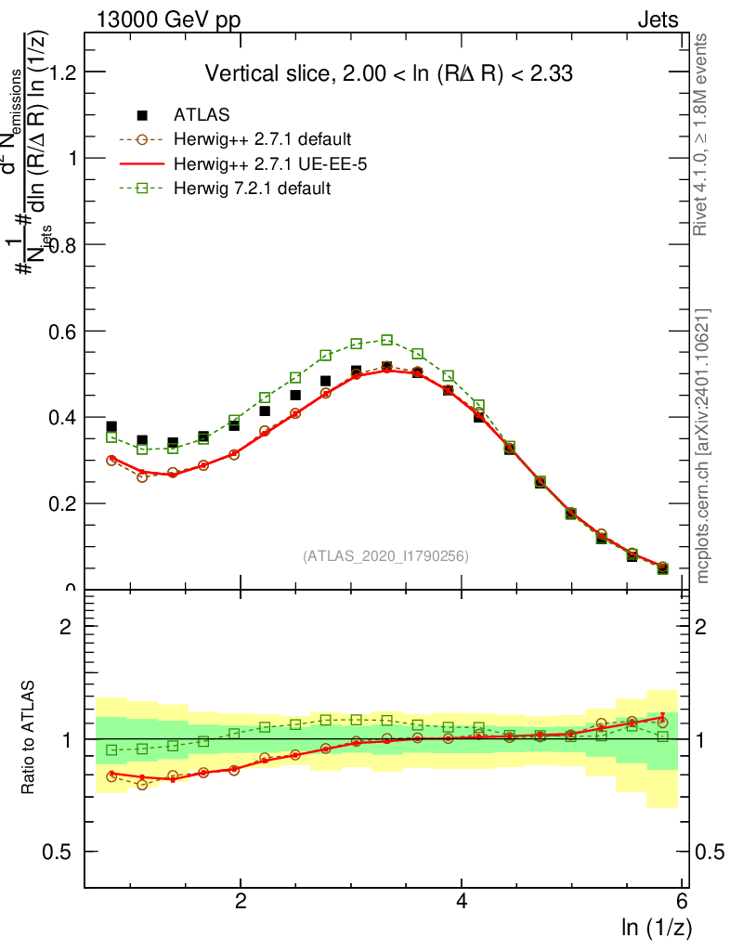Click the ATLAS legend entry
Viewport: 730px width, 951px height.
(x=202, y=115)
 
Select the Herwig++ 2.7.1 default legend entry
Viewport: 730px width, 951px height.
(x=262, y=140)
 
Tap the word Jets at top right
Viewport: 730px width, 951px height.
(x=657, y=20)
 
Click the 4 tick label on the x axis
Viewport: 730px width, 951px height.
(x=462, y=902)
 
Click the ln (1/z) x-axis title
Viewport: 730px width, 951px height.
(x=656, y=927)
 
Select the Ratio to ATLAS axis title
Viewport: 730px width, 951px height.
(x=29, y=738)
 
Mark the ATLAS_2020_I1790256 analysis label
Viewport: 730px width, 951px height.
(x=385, y=556)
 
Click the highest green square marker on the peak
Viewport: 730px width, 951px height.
(x=387, y=340)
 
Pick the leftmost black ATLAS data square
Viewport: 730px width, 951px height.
(x=111, y=427)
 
